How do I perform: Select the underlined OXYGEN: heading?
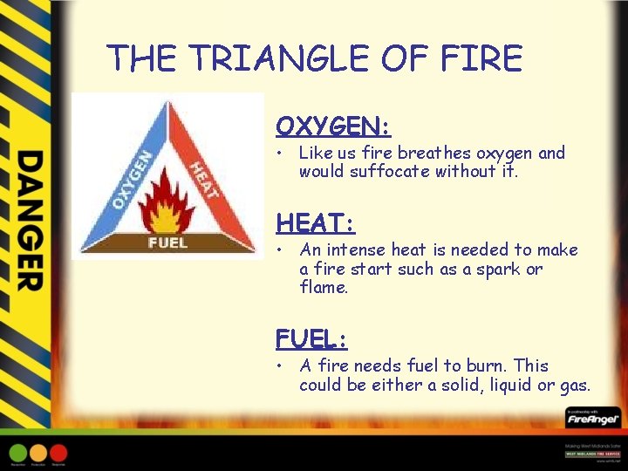pos(333,126)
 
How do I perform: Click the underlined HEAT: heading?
pos(315,223)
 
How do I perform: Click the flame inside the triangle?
pos(167,201)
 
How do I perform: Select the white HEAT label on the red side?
pos(202,179)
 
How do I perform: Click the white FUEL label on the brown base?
pos(167,242)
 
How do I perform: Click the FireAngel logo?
pos(592,420)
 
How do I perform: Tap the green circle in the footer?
pos(18,453)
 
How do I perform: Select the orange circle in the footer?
pos(38,453)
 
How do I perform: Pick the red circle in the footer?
pos(58,453)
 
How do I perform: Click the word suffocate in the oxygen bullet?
pos(388,172)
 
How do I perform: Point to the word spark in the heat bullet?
pos(501,269)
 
